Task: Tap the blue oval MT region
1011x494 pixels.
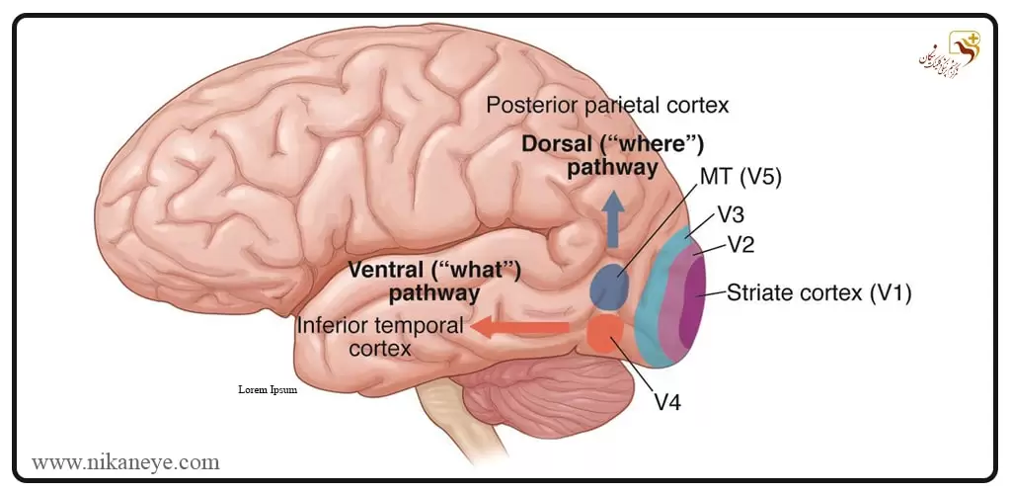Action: coord(611,285)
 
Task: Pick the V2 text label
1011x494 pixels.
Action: coord(741,243)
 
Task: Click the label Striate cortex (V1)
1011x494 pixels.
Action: coord(818,292)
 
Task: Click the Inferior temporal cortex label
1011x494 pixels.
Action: coord(380,336)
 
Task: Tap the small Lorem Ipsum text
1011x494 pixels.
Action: coord(267,389)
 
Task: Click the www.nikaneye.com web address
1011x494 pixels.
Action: coord(125,461)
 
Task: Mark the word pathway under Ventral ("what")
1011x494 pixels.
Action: coord(434,292)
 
